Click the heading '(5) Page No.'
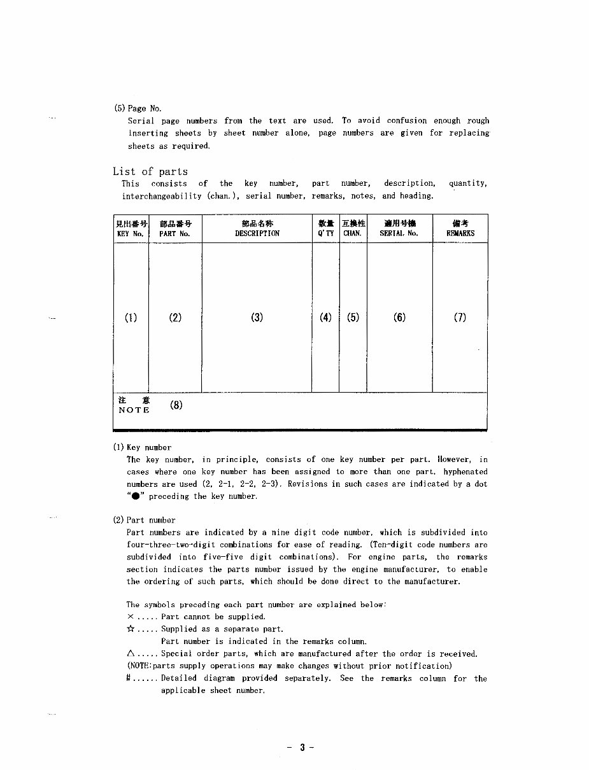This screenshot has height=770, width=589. pos(138,108)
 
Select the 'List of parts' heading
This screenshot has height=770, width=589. pos(150,171)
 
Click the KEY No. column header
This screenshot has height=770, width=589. pos(131,228)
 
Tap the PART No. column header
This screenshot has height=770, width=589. pos(175,228)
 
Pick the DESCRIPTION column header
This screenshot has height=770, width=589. pos(257,228)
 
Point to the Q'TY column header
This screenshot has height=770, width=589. pos(325,228)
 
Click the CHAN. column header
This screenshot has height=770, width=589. pos(353,228)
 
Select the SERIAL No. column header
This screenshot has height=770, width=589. pos(399,228)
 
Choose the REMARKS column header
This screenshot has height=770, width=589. pos(460,228)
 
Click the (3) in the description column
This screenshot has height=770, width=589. pos(257,318)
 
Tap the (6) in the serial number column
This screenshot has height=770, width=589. pos(399,318)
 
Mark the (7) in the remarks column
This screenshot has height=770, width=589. pos(460,318)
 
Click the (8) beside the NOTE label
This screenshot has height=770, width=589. pos(176,405)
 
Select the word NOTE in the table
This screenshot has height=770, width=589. pos(134,410)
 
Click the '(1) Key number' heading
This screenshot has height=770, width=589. pos(142,447)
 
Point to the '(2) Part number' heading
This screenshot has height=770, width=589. pos(144,520)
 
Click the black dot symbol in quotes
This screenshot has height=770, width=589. pos(135,496)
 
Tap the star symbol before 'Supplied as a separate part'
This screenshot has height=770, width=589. pos(131,629)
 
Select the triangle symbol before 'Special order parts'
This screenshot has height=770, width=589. pos(131,654)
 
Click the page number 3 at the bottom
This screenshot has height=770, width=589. pos(302,748)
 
